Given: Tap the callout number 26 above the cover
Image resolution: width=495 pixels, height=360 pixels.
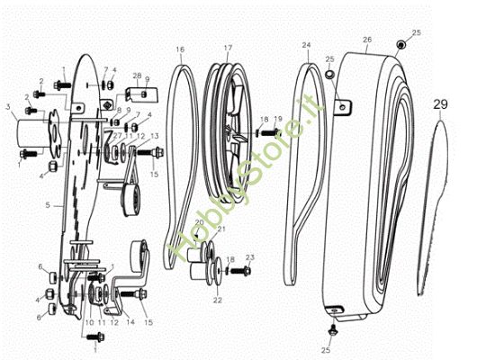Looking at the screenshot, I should tap(366, 40).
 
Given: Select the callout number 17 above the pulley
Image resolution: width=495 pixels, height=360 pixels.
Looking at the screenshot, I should tap(228, 47).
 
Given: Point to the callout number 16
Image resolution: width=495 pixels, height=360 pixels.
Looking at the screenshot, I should tap(180, 48).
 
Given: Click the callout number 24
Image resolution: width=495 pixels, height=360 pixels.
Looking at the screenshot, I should tap(306, 44).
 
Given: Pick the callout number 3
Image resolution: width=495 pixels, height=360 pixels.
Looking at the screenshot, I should tap(8, 106).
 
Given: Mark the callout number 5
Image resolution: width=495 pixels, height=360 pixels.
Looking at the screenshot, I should tap(48, 205).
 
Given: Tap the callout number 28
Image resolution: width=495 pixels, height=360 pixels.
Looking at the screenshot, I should tap(137, 76).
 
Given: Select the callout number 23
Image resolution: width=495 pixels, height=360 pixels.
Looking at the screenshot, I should tap(250, 257).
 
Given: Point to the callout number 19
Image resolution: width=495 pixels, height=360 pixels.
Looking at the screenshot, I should tap(278, 119).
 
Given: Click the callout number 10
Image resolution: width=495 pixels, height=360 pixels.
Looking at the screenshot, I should tap(89, 321).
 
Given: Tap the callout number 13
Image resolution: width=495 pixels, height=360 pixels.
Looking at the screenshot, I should tap(157, 136).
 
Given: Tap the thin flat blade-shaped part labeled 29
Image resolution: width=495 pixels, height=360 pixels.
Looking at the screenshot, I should tap(441, 207).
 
